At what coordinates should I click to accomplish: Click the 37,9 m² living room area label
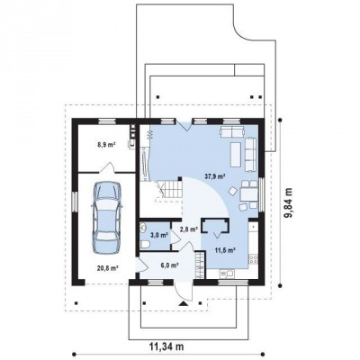pos(215,176)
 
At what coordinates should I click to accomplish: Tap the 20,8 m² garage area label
pos(107,268)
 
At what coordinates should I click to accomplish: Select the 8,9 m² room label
pos(106,145)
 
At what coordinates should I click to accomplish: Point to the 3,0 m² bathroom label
pos(159,235)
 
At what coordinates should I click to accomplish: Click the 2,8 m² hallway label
pos(188,229)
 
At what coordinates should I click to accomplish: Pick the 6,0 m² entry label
pos(170,265)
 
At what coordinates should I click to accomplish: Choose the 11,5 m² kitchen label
pos(224,249)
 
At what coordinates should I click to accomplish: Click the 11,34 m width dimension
pos(166,346)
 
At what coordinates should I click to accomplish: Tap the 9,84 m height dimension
pos(289,203)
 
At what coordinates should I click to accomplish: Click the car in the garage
pos(107,218)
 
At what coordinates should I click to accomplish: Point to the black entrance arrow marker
pos(183,303)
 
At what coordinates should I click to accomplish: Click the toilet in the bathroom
pos(145,245)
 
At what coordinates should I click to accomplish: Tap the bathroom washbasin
pos(143,228)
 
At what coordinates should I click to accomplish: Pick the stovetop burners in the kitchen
pos(253,259)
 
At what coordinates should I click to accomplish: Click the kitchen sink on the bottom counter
pos(227,273)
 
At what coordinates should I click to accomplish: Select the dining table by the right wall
pos(249,194)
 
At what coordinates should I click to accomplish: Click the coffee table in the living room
pos(236,155)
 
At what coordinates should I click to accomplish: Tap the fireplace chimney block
pos(215,226)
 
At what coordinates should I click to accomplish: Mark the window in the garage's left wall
pos(75,201)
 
